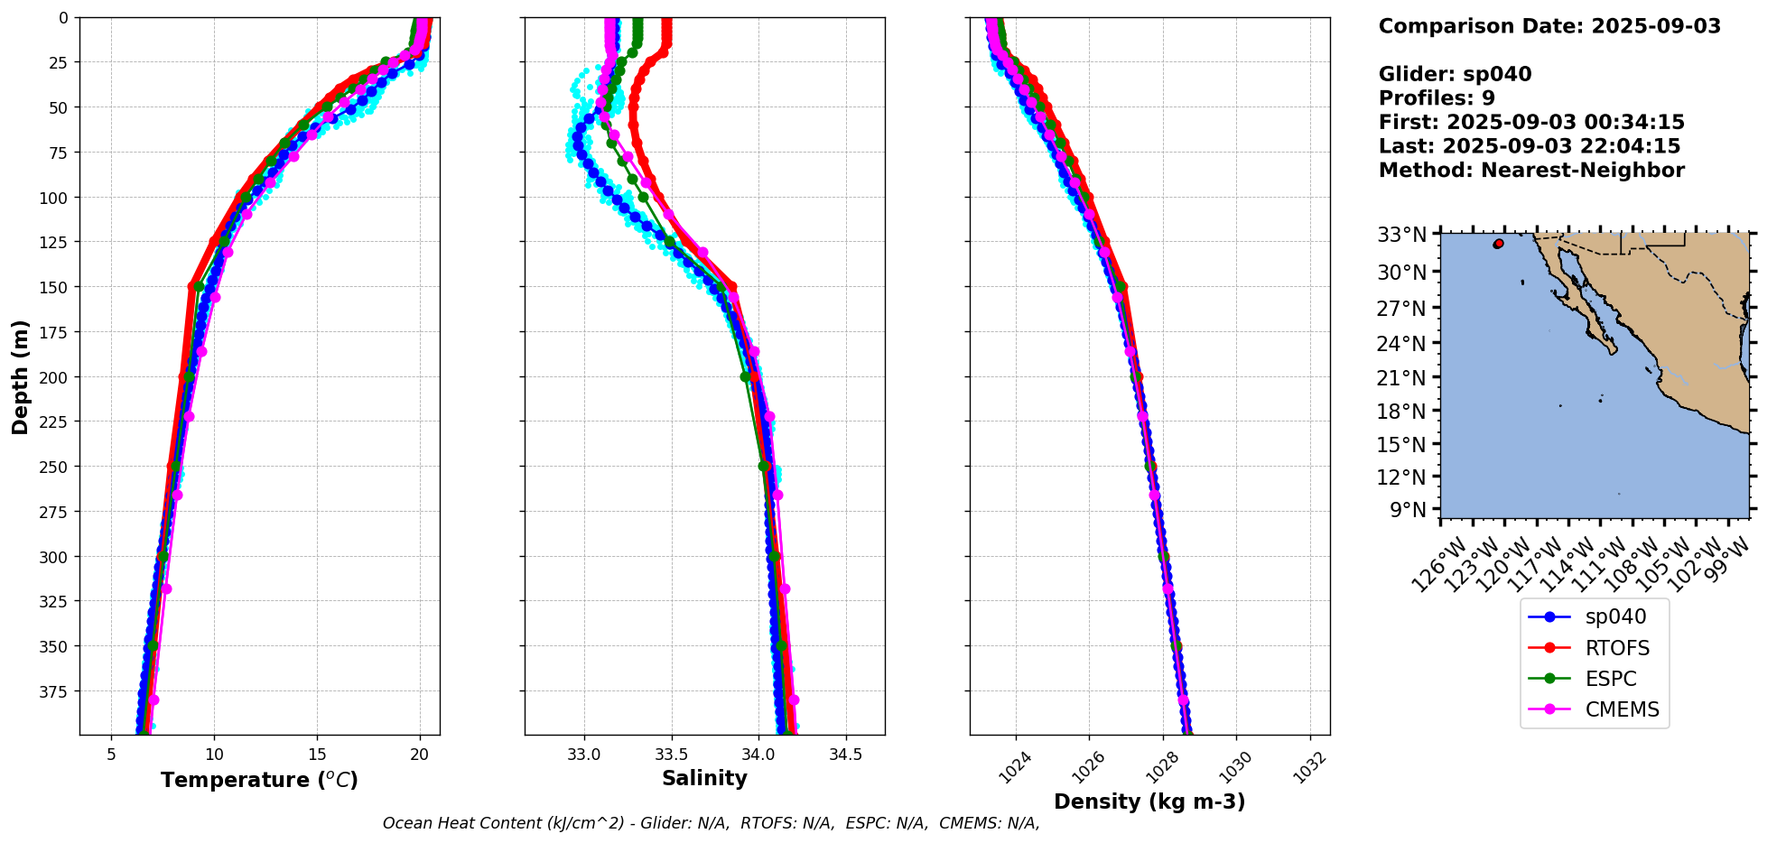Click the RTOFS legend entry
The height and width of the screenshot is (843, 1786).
click(1616, 648)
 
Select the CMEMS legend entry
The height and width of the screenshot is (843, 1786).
click(1622, 709)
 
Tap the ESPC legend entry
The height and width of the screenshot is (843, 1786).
click(1610, 679)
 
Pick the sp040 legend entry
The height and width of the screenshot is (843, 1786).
click(1615, 617)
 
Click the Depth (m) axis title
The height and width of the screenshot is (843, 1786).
click(20, 376)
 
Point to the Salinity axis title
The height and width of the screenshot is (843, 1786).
click(704, 779)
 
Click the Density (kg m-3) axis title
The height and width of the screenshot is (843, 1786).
click(1149, 801)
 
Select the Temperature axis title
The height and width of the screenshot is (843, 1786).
click(259, 780)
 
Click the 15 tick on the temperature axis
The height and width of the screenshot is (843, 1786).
click(317, 754)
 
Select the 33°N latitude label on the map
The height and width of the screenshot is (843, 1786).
click(1401, 235)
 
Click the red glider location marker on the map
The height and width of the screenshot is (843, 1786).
click(1499, 244)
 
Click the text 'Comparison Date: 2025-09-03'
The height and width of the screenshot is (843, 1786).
click(1549, 26)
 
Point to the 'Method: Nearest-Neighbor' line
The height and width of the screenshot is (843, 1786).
click(1531, 171)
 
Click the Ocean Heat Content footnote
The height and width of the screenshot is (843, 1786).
click(711, 823)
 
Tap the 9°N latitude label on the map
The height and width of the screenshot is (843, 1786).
click(1408, 510)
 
